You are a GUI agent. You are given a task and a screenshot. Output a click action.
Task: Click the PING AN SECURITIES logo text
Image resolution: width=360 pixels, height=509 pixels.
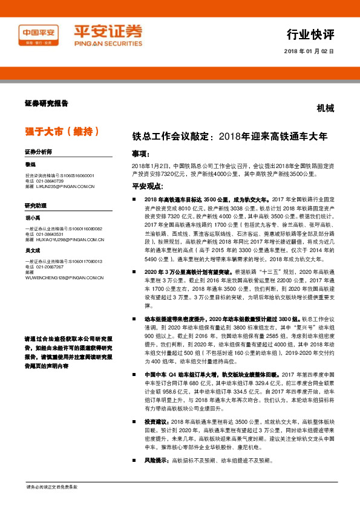click(108, 44)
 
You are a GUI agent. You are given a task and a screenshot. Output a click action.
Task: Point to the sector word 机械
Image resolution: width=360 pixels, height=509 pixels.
click(325, 108)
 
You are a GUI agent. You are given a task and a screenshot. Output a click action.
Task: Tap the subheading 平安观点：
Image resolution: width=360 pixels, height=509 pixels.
click(148, 186)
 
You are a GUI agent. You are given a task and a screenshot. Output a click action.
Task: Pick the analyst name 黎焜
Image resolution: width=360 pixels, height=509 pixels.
click(30, 164)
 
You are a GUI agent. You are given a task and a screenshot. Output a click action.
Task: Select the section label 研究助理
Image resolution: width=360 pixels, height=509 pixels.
click(36, 206)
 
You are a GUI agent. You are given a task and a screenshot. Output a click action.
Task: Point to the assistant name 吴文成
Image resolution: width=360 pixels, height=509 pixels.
click(33, 250)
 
